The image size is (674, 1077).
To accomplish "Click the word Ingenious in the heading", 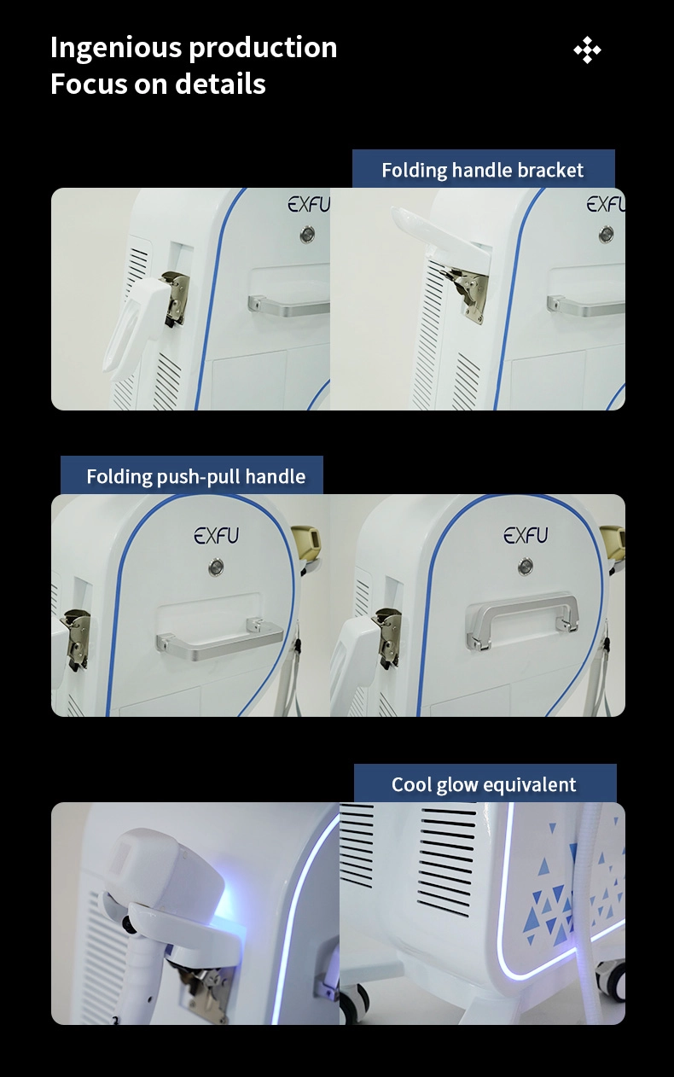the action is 115,49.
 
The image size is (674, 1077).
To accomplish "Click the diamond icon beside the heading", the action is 587,50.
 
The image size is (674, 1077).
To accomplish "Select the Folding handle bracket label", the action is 483,170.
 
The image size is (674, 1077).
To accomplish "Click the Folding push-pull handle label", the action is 195,476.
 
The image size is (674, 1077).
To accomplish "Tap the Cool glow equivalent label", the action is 485,784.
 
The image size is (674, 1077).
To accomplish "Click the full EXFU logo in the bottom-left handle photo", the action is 217,535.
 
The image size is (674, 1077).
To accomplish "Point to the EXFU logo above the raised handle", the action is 526,535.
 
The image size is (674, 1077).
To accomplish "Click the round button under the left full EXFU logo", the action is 216,567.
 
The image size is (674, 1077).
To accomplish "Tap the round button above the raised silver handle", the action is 525,566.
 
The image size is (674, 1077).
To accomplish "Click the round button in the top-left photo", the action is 308,235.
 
